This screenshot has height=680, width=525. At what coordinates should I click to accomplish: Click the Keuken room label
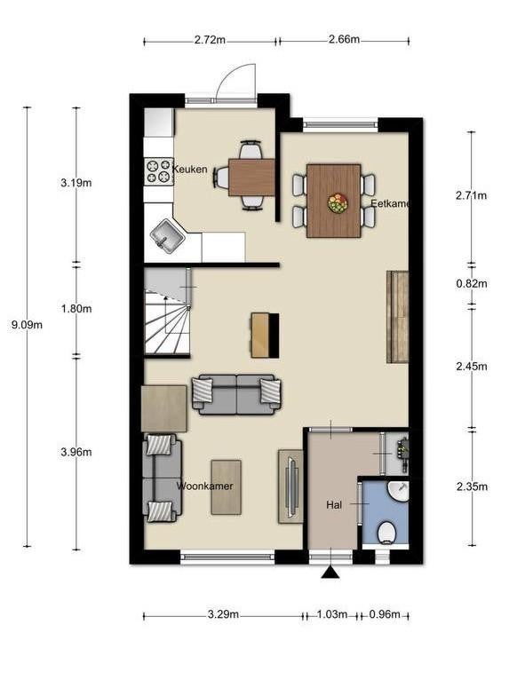190,170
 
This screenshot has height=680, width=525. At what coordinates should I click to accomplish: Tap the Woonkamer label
205,486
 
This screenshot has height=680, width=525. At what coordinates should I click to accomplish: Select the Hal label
334,505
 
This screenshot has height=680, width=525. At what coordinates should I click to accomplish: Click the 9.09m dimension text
27,325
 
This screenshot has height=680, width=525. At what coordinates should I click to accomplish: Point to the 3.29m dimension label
223,614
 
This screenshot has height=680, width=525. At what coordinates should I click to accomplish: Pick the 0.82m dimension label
472,284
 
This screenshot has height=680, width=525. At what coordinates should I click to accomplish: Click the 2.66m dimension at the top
344,39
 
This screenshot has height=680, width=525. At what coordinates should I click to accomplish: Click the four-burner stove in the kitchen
158,171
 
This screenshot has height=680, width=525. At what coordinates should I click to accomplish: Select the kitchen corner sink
168,236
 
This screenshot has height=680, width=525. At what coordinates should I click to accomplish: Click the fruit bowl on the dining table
338,203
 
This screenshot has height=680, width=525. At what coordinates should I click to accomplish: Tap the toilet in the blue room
386,532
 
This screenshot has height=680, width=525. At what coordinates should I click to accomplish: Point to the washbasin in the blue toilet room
399,491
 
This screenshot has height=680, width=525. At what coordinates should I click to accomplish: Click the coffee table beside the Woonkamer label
226,487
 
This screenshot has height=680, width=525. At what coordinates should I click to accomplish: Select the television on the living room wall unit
292,486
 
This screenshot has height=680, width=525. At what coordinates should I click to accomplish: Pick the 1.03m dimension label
332,614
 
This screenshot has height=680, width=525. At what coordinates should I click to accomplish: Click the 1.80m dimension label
76,309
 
